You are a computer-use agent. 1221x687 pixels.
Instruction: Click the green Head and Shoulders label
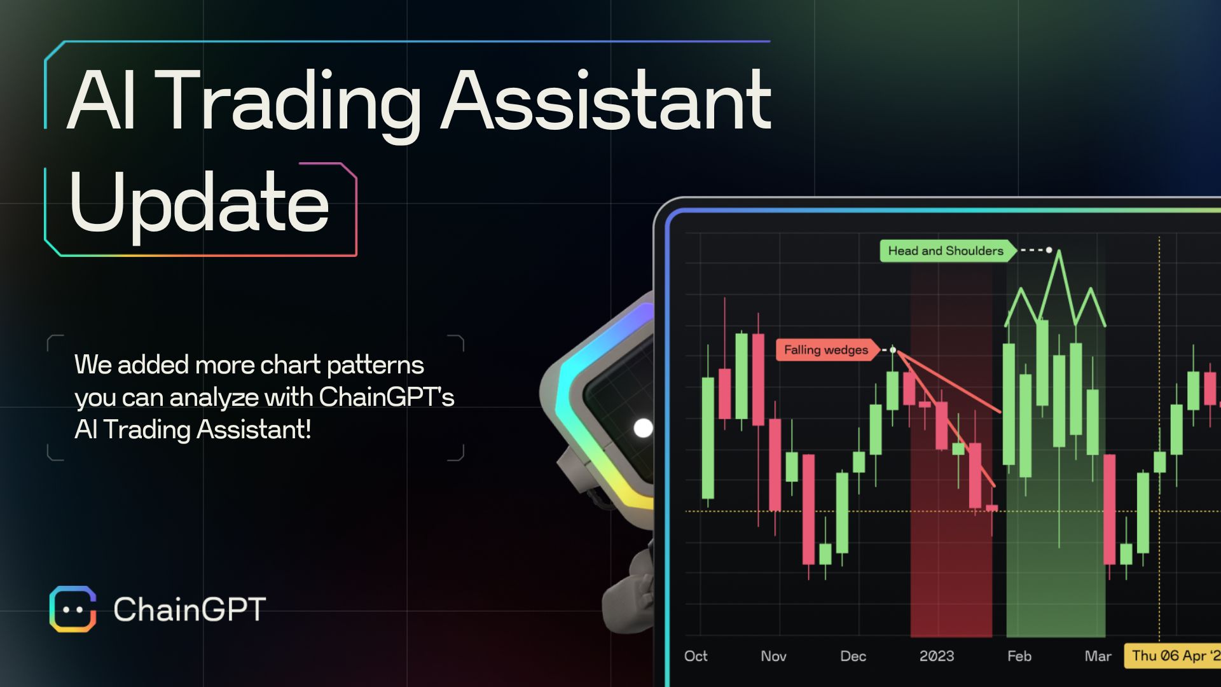pos(946,251)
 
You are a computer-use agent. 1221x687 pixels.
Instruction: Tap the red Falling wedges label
pos(825,350)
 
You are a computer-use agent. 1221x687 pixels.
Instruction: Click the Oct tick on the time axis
pos(696,656)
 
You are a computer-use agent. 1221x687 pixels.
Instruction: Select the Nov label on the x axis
pos(773,656)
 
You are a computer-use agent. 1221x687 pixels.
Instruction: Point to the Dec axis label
pos(853,656)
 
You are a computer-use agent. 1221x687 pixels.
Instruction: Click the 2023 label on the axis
pos(937,656)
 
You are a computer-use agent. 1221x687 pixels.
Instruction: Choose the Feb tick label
pos(1019,656)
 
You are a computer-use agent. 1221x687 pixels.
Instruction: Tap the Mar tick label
pos(1098,656)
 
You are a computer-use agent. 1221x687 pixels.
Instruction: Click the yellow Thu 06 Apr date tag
pos(1173,656)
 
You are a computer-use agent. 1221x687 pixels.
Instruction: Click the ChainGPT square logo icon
pos(73,609)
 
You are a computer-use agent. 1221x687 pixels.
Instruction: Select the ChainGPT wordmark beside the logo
pos(190,609)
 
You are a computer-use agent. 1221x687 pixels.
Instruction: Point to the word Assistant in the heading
pos(606,102)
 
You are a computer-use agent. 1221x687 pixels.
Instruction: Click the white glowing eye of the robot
pos(643,428)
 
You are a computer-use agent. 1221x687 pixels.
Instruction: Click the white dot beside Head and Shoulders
pos(1049,250)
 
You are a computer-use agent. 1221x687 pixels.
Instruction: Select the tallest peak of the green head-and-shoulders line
pos(1059,253)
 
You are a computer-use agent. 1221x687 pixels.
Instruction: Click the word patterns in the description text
pos(375,365)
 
